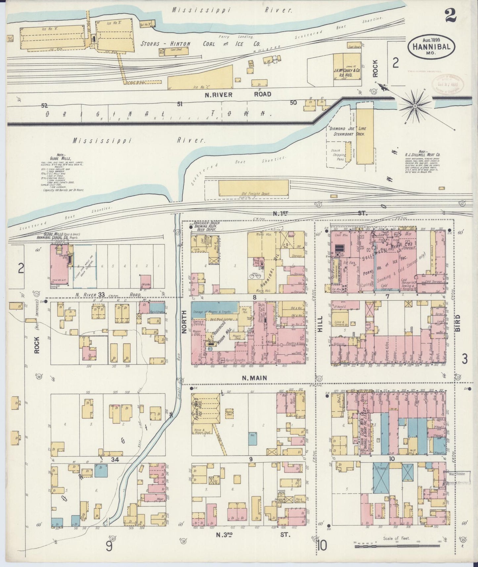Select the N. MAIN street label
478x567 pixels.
pos(254,378)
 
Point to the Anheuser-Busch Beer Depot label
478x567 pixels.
pos(204,226)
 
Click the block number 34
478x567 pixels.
pos(115,459)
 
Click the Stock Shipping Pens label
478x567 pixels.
pos(338,154)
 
